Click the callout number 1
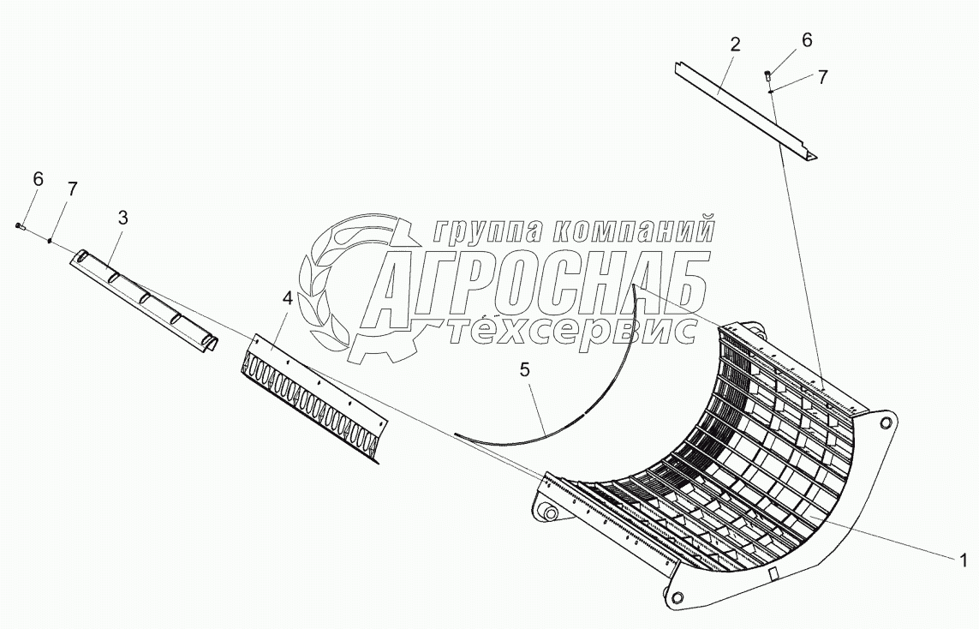[963, 562]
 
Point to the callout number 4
[287, 299]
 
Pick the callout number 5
[524, 370]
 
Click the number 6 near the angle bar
[807, 40]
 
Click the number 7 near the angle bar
[822, 77]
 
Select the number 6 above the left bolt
[38, 179]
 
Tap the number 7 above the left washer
[72, 190]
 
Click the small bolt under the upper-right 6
[767, 77]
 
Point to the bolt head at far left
[20, 225]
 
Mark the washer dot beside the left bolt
[51, 241]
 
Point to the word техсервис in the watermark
[570, 330]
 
